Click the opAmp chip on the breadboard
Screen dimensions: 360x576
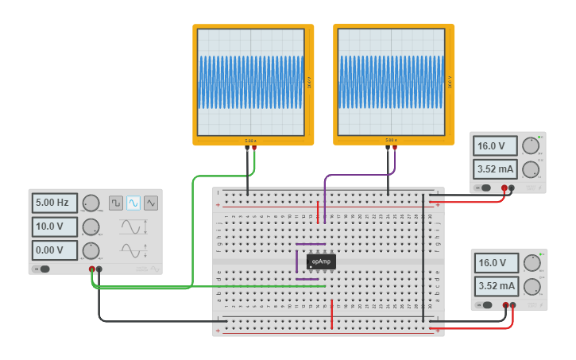click(321, 261)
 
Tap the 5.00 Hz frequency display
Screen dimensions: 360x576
click(55, 203)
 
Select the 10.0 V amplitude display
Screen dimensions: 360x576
click(55, 226)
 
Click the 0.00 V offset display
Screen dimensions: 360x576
click(55, 250)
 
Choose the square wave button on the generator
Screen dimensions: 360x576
click(116, 203)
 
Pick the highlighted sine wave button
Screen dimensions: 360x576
click(133, 203)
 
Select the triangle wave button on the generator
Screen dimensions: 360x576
click(151, 203)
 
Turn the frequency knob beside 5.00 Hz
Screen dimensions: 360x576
click(91, 203)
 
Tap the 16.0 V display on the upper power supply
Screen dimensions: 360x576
click(495, 146)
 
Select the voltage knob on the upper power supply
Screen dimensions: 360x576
click(530, 145)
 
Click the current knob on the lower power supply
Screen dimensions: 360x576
click(531, 286)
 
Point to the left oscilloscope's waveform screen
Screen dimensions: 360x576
click(251, 82)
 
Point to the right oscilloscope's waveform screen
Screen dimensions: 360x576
click(392, 82)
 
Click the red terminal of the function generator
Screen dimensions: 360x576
click(92, 269)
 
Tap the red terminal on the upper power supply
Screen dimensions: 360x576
click(504, 188)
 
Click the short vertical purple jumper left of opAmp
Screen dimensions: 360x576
click(297, 261)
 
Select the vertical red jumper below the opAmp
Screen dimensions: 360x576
click(331, 314)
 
